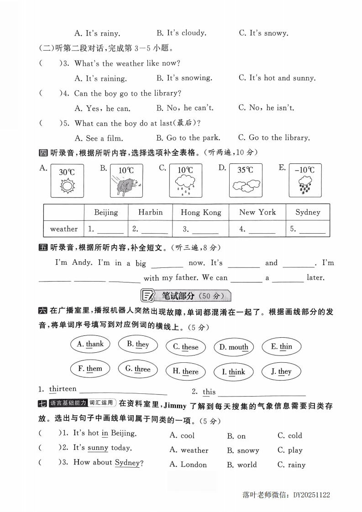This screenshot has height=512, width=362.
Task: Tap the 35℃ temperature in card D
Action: coord(245,170)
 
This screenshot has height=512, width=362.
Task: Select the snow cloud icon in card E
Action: coord(304,186)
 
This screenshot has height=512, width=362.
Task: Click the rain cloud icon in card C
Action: coord(185,186)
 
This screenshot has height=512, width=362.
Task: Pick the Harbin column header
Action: coord(150,212)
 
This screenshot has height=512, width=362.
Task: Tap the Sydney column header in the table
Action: coord(308,212)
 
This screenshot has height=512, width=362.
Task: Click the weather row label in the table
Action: coord(63,229)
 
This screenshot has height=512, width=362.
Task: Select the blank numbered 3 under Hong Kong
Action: coord(200,230)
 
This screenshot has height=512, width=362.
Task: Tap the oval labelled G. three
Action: coord(137,369)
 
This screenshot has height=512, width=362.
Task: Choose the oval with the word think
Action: coord(233,372)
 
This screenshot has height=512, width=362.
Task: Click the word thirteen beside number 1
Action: coord(63,389)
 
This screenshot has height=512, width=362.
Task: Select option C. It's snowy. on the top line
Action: coord(263,33)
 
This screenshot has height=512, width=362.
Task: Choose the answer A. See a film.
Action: coord(99,138)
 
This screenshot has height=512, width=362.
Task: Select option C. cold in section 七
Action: coord(289,435)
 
